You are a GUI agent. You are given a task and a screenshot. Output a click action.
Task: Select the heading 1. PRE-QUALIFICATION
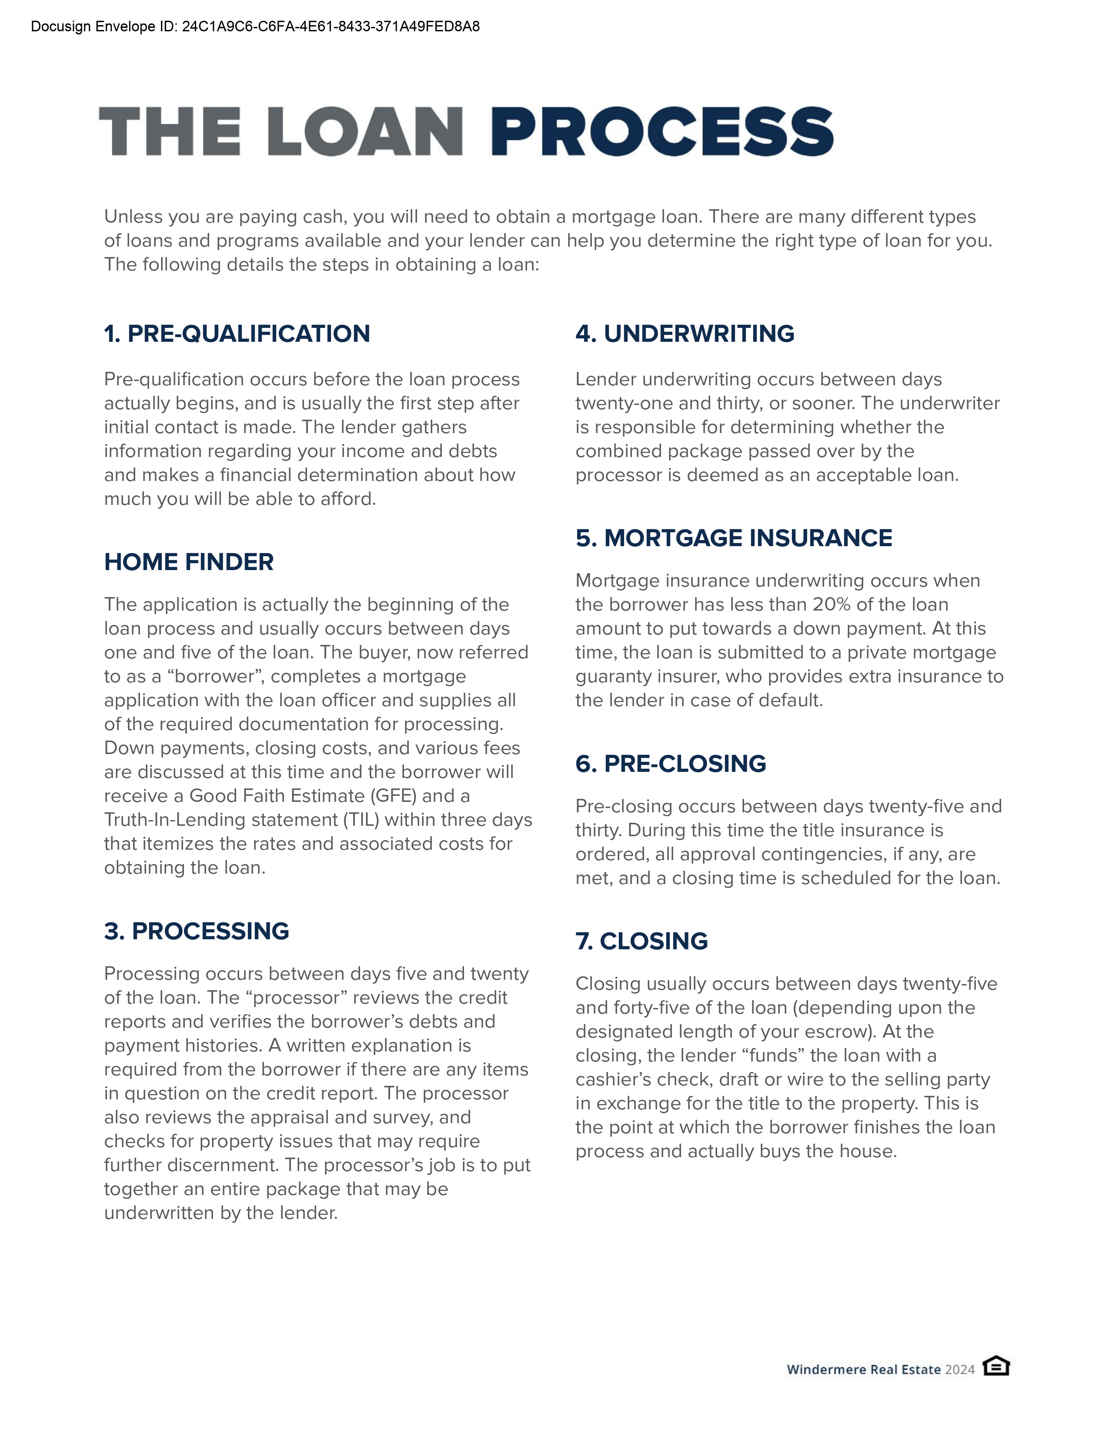click(237, 334)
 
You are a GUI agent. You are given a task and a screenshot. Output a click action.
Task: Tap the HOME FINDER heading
click(189, 562)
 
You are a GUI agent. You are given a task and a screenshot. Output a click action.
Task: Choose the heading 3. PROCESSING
click(197, 931)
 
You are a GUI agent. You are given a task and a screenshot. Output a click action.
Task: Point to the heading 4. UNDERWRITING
click(685, 334)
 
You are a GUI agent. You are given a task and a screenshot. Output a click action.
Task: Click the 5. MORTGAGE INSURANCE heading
click(734, 538)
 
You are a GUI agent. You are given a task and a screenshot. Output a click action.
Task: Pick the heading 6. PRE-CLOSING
click(671, 764)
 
